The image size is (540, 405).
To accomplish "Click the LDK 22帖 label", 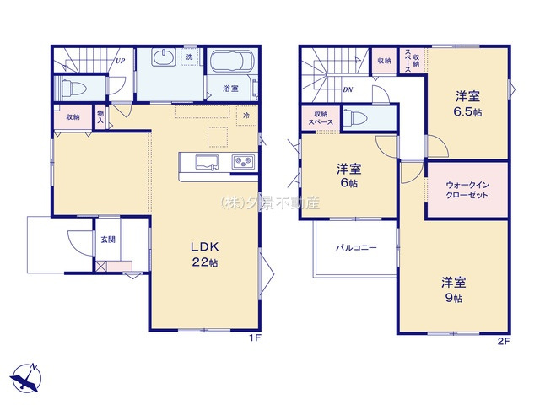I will [204, 254].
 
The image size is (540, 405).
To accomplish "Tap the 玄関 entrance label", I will [109, 240].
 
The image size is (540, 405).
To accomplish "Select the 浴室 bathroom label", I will [229, 87].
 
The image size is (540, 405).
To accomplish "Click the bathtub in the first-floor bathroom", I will [230, 63].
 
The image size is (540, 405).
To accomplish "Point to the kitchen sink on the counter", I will [208, 161].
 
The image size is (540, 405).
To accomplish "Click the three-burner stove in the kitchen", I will [241, 161].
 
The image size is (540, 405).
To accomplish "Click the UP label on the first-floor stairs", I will [120, 61].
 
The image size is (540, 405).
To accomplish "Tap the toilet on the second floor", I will [357, 119].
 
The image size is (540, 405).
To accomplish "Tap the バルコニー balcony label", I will [355, 248].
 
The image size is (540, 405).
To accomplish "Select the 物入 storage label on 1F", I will [100, 117].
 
